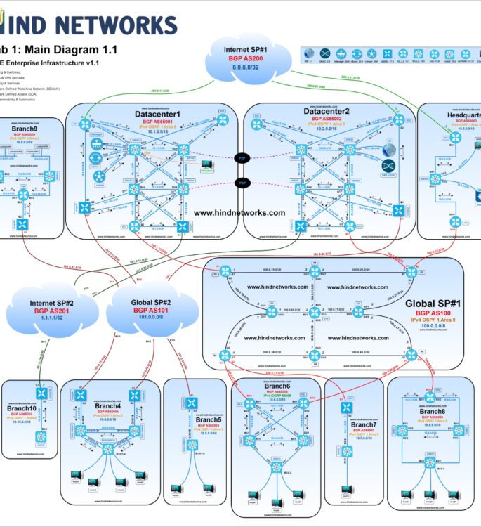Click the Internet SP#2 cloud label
pyautogui.click(x=43, y=303)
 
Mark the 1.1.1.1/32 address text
pyautogui.click(x=43, y=320)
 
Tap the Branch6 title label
pyautogui.click(x=277, y=386)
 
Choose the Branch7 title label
pyautogui.click(x=364, y=424)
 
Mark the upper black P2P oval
pyautogui.click(x=242, y=159)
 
